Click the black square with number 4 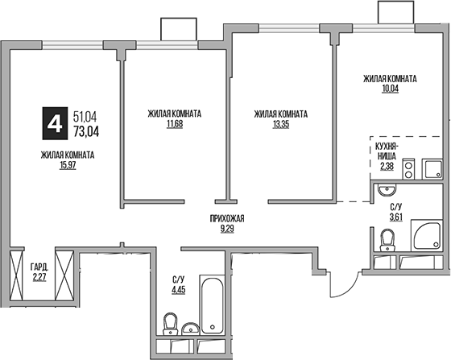pos(54,123)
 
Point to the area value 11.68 pos(174,125)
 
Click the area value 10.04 pos(389,89)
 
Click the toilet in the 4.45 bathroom pos(170,327)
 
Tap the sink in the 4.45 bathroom pos(191,328)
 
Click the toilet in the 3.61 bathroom pos(388,238)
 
